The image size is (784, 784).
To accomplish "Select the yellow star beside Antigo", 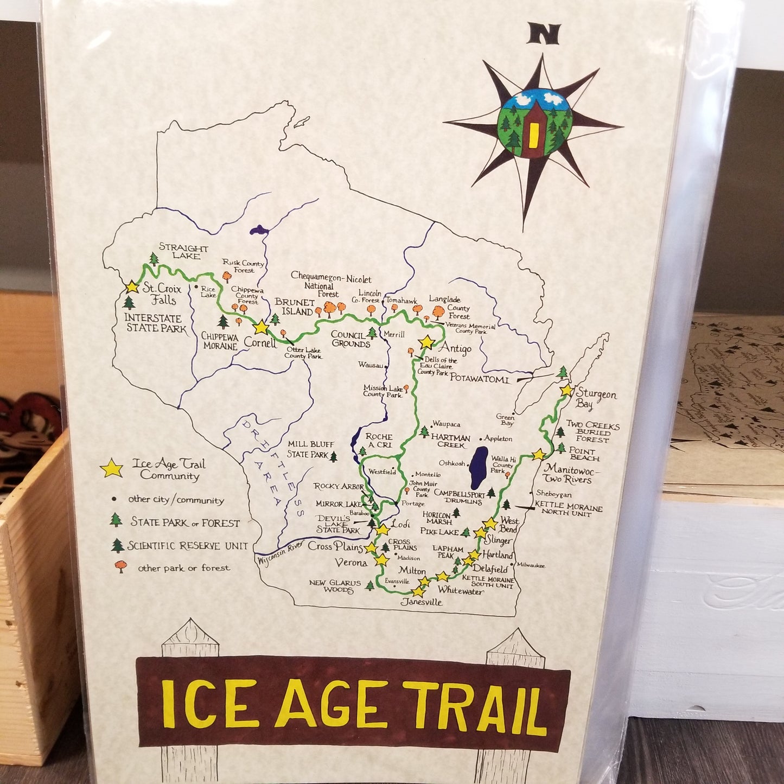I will coord(427,342).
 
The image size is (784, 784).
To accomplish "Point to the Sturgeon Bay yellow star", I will coord(566,390).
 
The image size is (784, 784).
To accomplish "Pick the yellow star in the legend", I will coord(111,468).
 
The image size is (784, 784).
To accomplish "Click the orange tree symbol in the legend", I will coord(120,567).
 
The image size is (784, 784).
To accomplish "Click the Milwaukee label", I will coord(530,565).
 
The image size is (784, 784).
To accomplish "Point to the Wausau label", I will coord(371,365).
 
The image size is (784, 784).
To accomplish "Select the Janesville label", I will coord(422,602).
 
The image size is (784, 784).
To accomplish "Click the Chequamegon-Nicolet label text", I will coord(331,278).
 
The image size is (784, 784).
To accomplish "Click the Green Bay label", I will coord(505,420).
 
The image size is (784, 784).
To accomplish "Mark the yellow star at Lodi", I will coord(383,528).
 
